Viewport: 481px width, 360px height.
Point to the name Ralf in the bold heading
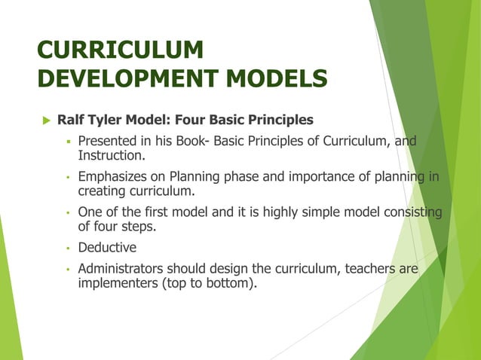pos(71,120)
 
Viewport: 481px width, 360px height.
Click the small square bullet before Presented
pos(67,141)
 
